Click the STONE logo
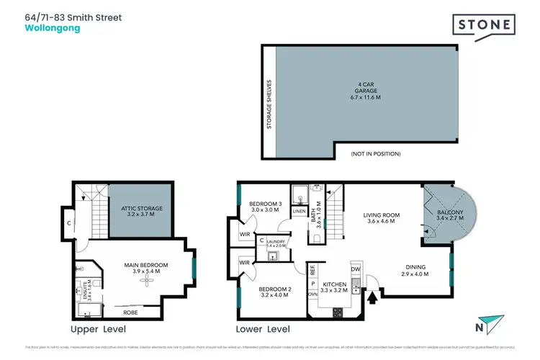pyautogui.click(x=484, y=26)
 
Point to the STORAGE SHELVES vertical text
pyautogui.click(x=270, y=104)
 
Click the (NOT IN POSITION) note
pyautogui.click(x=375, y=153)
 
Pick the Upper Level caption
pyautogui.click(x=98, y=329)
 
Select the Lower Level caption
pyautogui.click(x=263, y=329)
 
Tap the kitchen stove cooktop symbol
pyautogui.click(x=336, y=312)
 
